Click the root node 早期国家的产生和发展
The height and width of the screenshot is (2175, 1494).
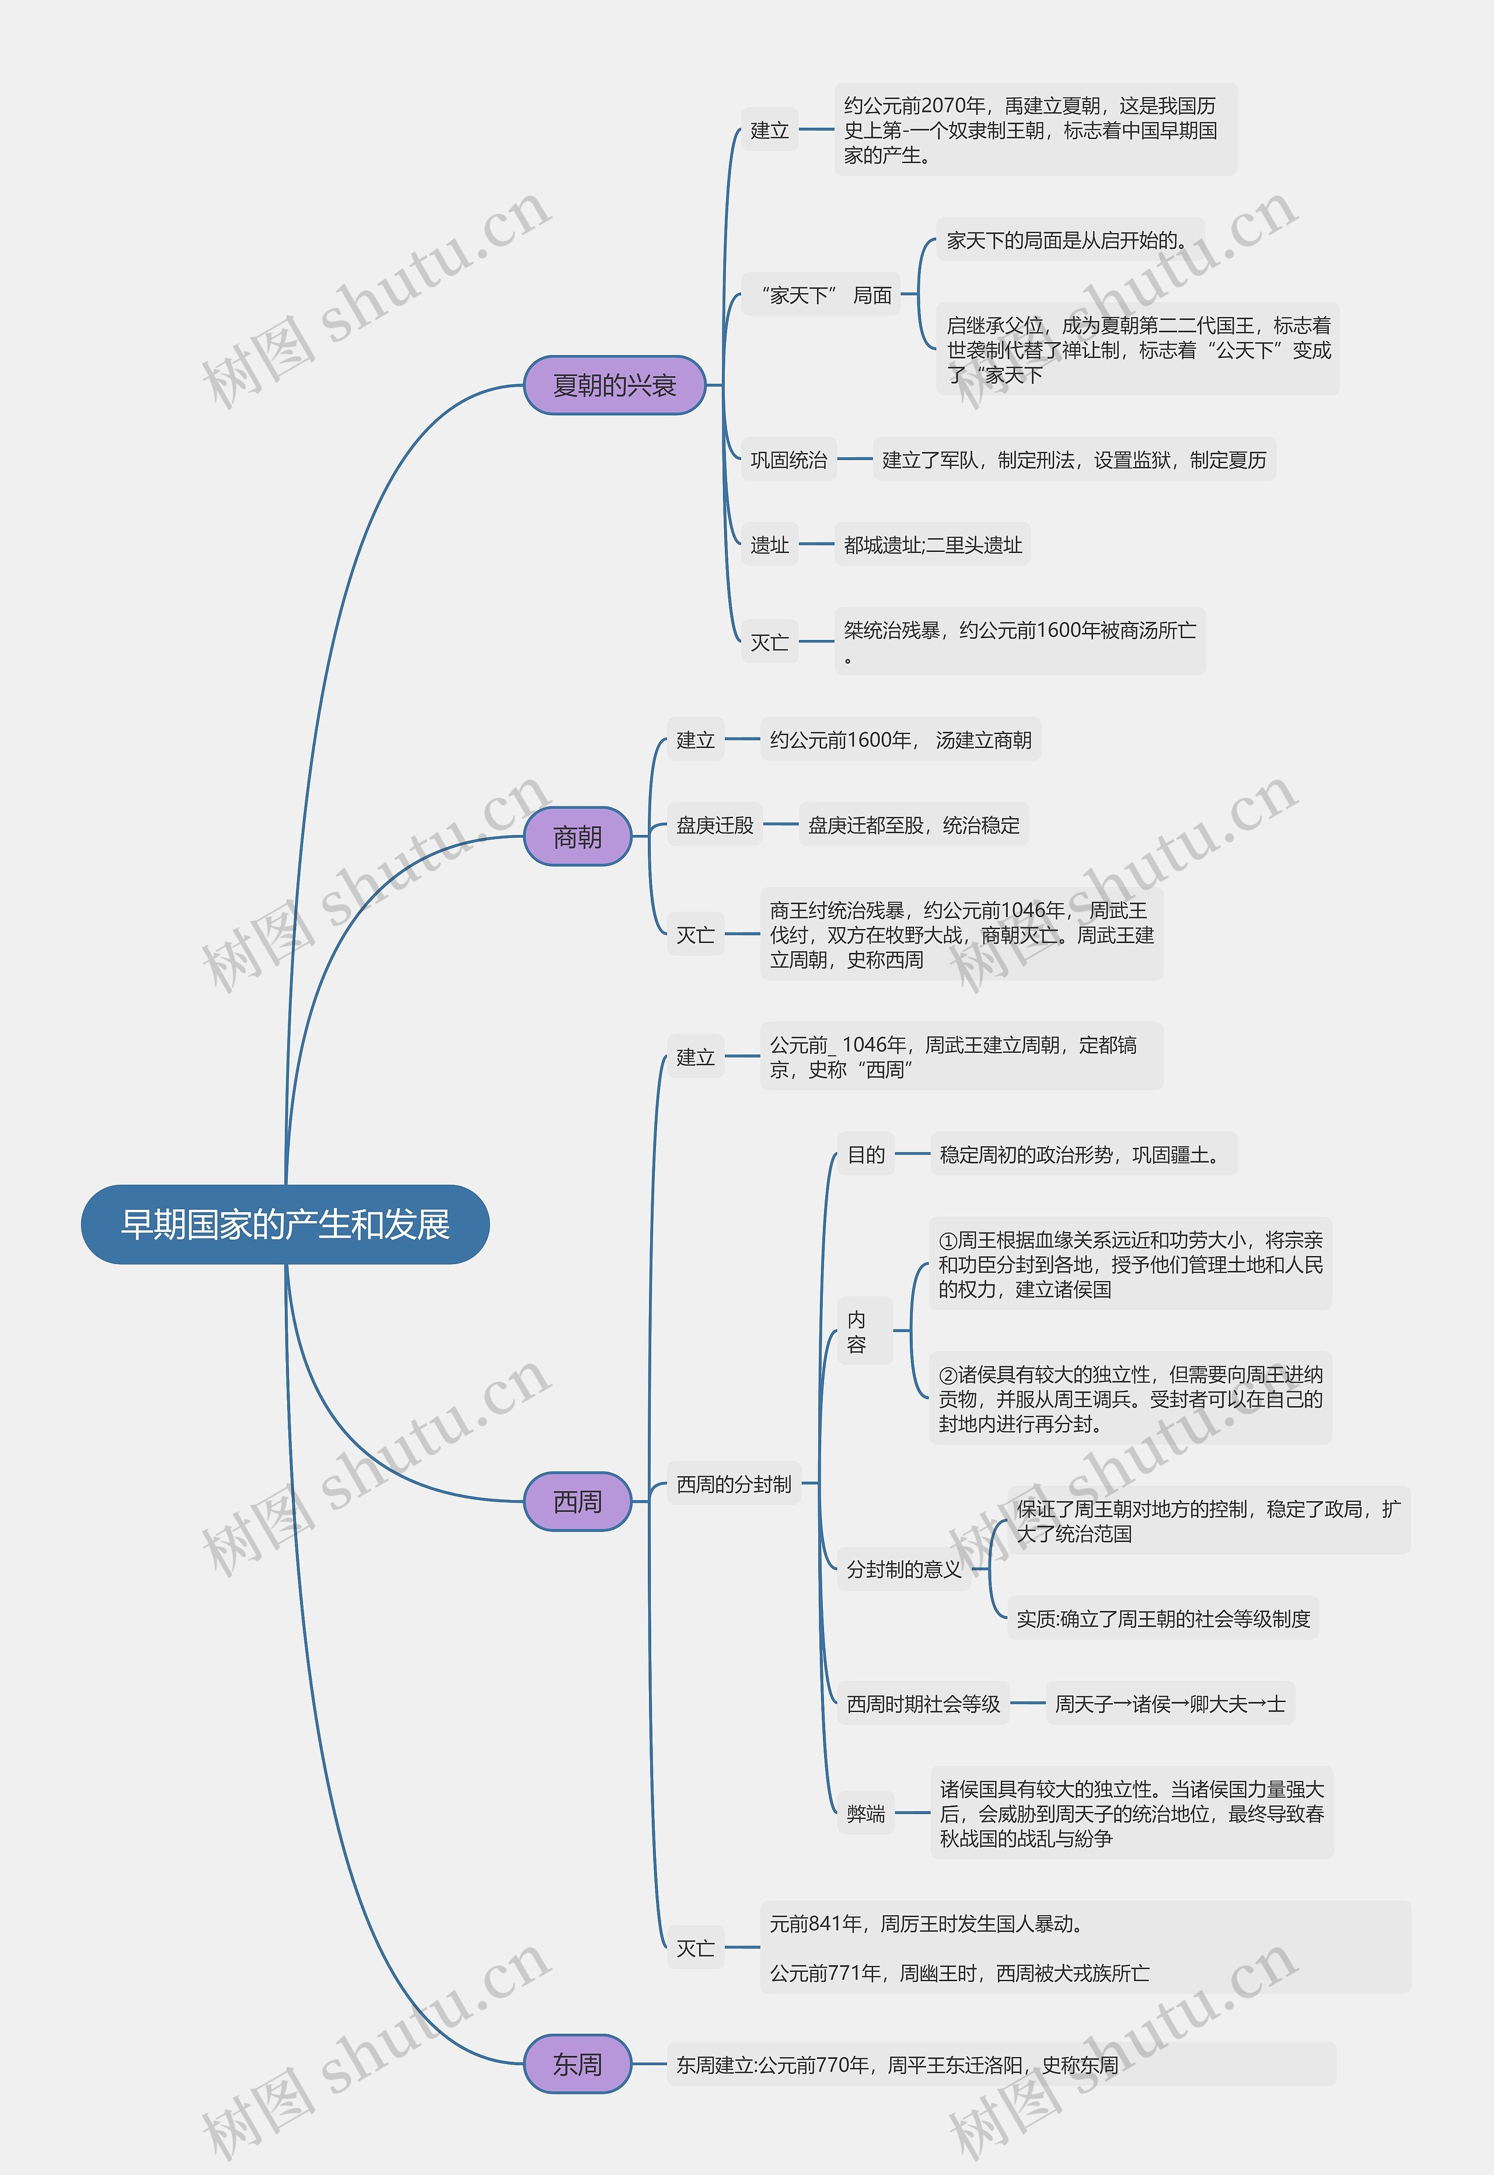click(x=285, y=1224)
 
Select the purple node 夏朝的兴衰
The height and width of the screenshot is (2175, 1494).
click(x=614, y=385)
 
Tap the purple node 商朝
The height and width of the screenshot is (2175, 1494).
click(x=578, y=836)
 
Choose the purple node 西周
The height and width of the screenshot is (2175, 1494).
click(x=578, y=1501)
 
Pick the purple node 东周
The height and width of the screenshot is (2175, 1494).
click(x=578, y=2063)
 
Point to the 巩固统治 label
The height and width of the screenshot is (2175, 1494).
click(x=789, y=460)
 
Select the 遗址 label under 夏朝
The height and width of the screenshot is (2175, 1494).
click(x=769, y=545)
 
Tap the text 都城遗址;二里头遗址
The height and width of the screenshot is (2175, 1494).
click(x=933, y=545)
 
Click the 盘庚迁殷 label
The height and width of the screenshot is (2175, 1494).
click(x=715, y=825)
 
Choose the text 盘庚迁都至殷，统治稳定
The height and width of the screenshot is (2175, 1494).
click(x=914, y=825)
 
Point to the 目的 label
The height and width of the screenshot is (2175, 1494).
click(x=866, y=1154)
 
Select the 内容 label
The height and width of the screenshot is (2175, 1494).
click(x=857, y=1331)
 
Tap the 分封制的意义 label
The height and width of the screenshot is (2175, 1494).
click(x=904, y=1570)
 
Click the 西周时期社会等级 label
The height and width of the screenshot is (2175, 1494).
click(x=924, y=1704)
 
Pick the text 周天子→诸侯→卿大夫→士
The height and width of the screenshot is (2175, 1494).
click(x=1170, y=1704)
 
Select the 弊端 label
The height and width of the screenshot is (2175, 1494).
click(x=866, y=1814)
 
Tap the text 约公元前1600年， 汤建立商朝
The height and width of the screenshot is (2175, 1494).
click(x=900, y=740)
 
